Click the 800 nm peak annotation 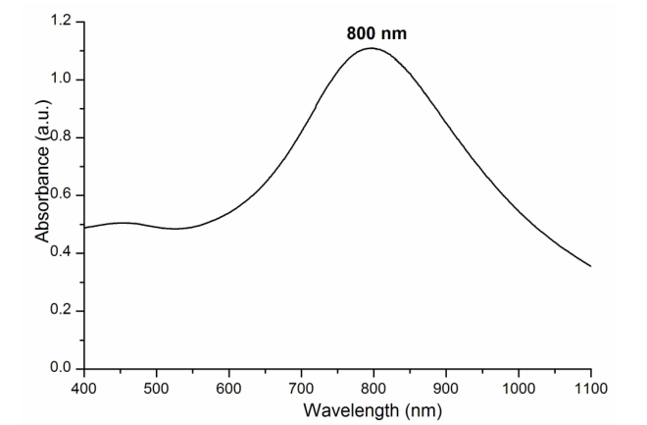(376, 33)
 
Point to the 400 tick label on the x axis (84, 387)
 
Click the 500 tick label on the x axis (157, 387)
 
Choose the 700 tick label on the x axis (301, 387)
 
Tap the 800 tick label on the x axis (373, 387)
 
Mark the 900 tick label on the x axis (446, 387)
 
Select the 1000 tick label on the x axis (519, 387)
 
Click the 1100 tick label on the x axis (590, 387)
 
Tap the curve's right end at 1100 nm (590, 266)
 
